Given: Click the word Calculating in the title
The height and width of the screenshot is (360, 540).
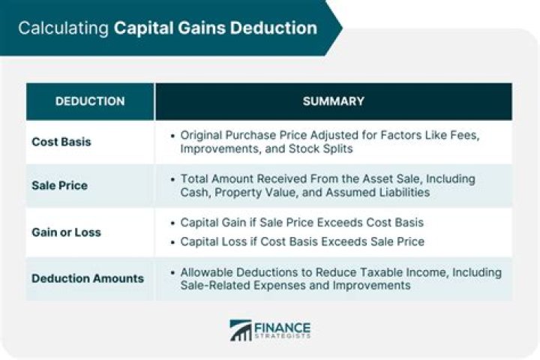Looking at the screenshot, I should (63, 28).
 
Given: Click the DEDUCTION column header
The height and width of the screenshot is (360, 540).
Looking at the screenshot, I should (90, 101).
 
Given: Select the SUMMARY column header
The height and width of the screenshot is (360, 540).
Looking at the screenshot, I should (333, 101).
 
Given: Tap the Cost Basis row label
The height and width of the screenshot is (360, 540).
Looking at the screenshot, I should (61, 142).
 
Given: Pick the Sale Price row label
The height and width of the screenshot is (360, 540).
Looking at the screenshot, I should (59, 185).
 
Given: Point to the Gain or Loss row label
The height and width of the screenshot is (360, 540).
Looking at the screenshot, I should (66, 232).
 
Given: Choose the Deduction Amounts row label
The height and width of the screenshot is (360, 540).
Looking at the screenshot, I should (88, 278).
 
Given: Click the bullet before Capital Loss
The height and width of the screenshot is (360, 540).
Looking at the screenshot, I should (173, 241).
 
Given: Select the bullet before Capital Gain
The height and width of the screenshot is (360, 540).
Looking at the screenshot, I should (173, 223).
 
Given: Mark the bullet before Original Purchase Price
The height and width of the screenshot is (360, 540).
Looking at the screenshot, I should (173, 136).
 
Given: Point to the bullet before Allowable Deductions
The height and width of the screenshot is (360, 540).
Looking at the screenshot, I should (173, 272).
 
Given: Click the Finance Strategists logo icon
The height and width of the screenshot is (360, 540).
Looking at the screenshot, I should (241, 331).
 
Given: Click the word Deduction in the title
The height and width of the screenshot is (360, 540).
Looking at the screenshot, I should (274, 28).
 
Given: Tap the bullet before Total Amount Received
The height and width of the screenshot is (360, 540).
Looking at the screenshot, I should (173, 179).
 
